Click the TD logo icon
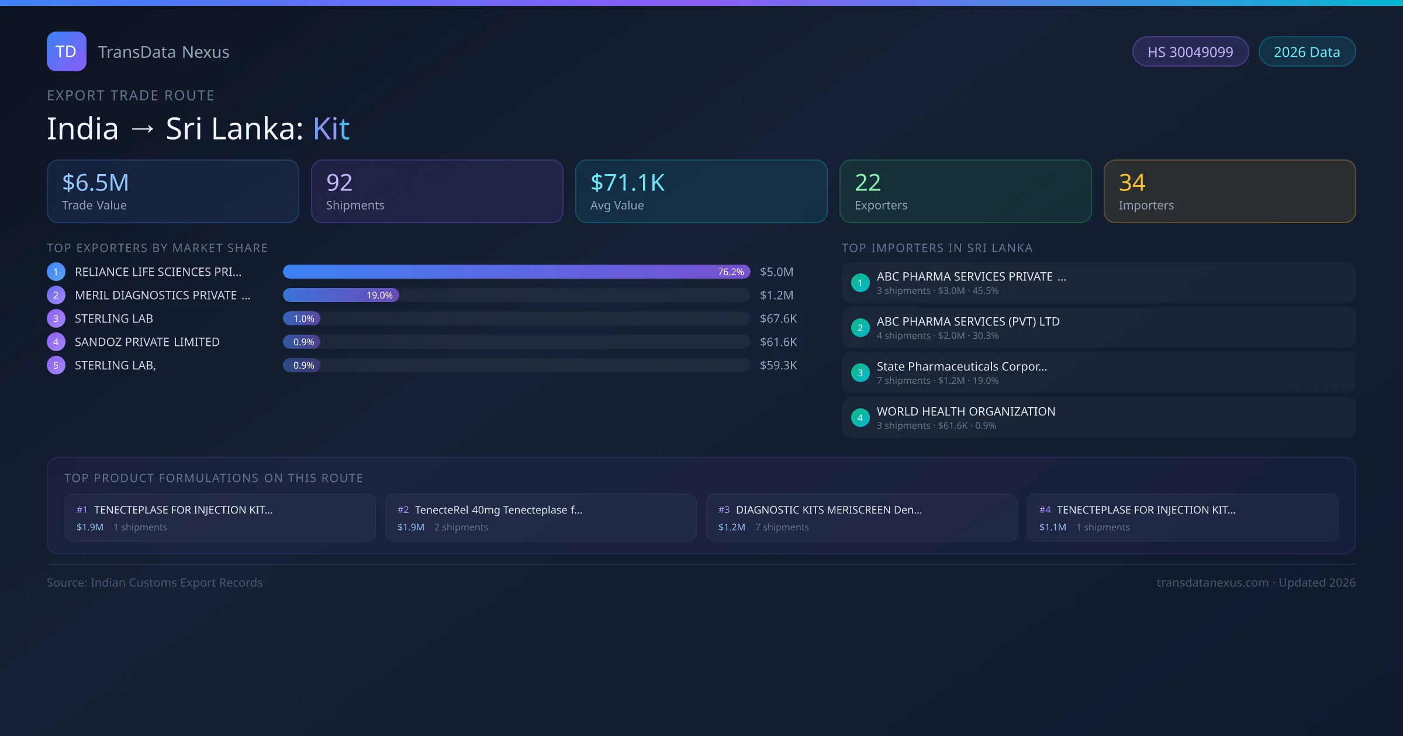point(66,51)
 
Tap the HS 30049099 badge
point(1190,52)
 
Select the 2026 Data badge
point(1307,52)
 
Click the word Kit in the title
point(331,129)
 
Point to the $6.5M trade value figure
point(95,183)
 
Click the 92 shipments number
point(339,183)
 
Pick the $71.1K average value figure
point(627,183)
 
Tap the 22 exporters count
point(868,183)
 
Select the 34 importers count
point(1132,183)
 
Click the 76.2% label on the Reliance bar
point(731,272)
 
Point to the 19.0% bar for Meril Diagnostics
point(341,296)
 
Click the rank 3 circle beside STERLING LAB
point(56,319)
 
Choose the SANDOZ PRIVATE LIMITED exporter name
point(147,342)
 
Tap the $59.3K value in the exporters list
point(778,366)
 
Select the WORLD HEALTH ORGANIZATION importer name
point(966,412)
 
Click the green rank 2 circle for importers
point(860,328)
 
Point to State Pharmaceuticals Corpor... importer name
point(962,367)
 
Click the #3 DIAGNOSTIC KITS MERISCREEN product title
point(828,510)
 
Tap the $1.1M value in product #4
point(1052,527)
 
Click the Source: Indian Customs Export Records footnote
point(155,583)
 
